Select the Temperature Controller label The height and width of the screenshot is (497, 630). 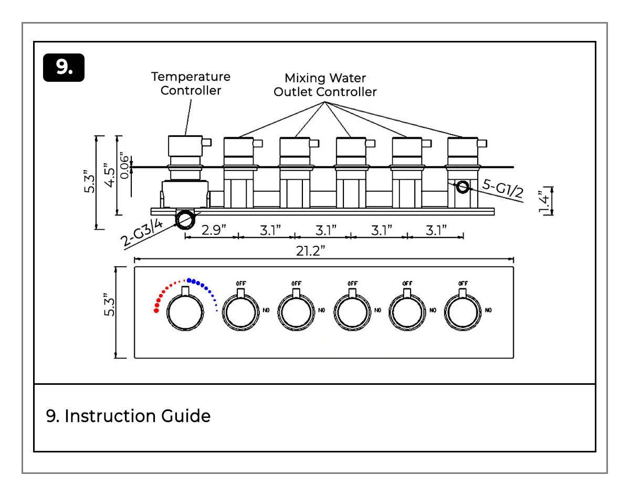pyautogui.click(x=191, y=83)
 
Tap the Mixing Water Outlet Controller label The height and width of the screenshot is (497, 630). pyautogui.click(x=325, y=85)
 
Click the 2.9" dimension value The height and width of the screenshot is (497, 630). pyautogui.click(x=214, y=230)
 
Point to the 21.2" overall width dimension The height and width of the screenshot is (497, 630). pyautogui.click(x=311, y=251)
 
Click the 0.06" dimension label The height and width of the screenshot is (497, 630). pyautogui.click(x=124, y=166)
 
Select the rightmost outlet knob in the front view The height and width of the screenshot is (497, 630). pyautogui.click(x=463, y=313)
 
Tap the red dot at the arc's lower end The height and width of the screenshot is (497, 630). pyautogui.click(x=156, y=311)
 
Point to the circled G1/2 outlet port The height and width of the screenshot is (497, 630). pyautogui.click(x=463, y=187)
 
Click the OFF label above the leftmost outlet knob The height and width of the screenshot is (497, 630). pyautogui.click(x=241, y=284)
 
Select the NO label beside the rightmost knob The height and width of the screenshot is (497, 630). pyautogui.click(x=488, y=310)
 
